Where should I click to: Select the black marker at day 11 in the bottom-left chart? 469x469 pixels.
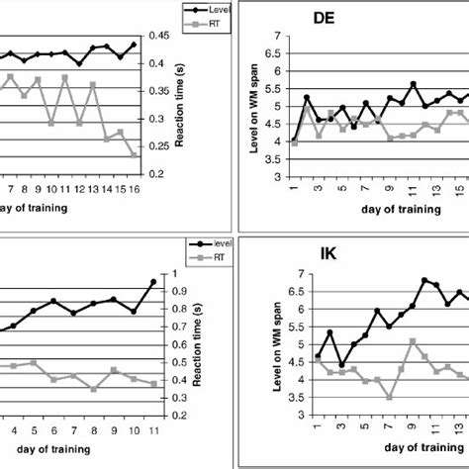pos(153,282)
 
